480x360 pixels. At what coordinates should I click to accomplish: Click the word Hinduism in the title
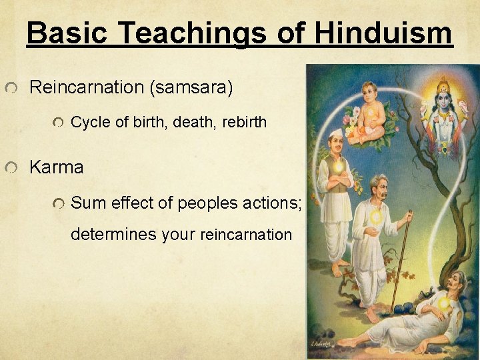(x=384, y=33)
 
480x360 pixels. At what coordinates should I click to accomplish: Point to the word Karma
(x=57, y=167)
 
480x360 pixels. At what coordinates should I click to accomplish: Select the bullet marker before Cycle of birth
(x=58, y=123)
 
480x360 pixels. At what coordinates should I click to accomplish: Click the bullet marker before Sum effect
(x=58, y=203)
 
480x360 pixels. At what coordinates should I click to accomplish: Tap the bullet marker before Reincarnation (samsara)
(x=11, y=89)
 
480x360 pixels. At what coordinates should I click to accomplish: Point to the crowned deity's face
(x=442, y=100)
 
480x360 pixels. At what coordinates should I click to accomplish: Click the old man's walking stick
(x=401, y=260)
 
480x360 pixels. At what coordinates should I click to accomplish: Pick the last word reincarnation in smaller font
(x=246, y=235)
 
